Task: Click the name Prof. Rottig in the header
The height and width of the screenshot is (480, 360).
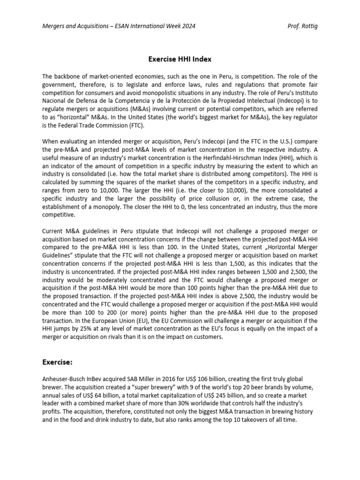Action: pyautogui.click(x=302, y=26)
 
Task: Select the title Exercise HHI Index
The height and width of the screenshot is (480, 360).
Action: pyautogui.click(x=180, y=59)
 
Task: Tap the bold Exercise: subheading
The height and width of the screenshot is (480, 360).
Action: pyautogui.click(x=58, y=362)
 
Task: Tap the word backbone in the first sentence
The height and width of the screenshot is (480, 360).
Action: pyautogui.click(x=71, y=76)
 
